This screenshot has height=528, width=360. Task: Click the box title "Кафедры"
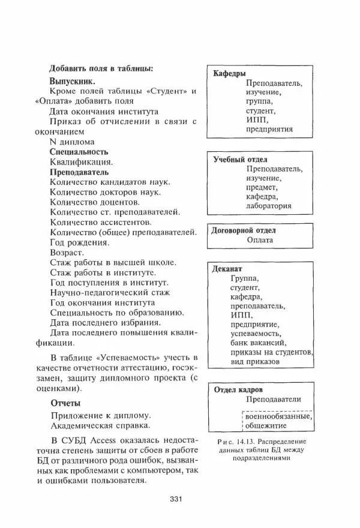click(229, 73)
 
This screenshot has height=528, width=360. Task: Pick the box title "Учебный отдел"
click(241, 160)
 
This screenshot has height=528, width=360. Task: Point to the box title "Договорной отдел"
click(246, 230)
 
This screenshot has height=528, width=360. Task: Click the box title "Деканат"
click(227, 269)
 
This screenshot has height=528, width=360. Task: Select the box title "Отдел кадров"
click(239, 389)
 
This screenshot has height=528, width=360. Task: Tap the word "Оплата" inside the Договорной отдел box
click(260, 240)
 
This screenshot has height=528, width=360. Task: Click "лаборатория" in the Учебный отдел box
click(268, 205)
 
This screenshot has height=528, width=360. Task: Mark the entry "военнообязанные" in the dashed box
click(277, 416)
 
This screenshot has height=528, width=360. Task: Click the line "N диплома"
click(71, 142)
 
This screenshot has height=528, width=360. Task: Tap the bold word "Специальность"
click(79, 152)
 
